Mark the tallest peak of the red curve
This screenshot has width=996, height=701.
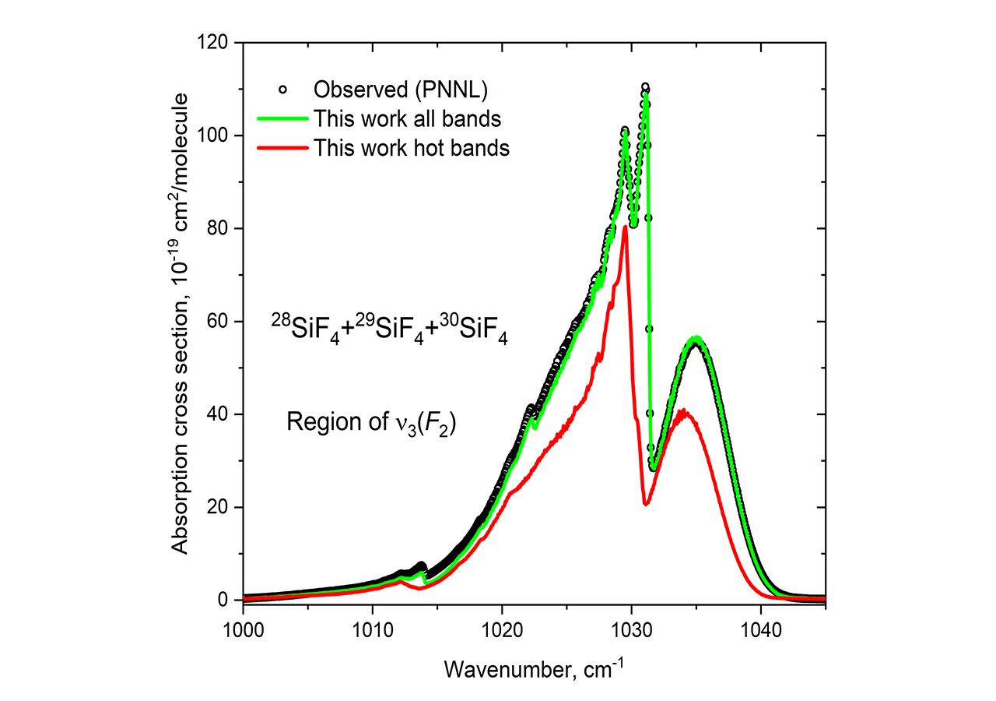point(625,227)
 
